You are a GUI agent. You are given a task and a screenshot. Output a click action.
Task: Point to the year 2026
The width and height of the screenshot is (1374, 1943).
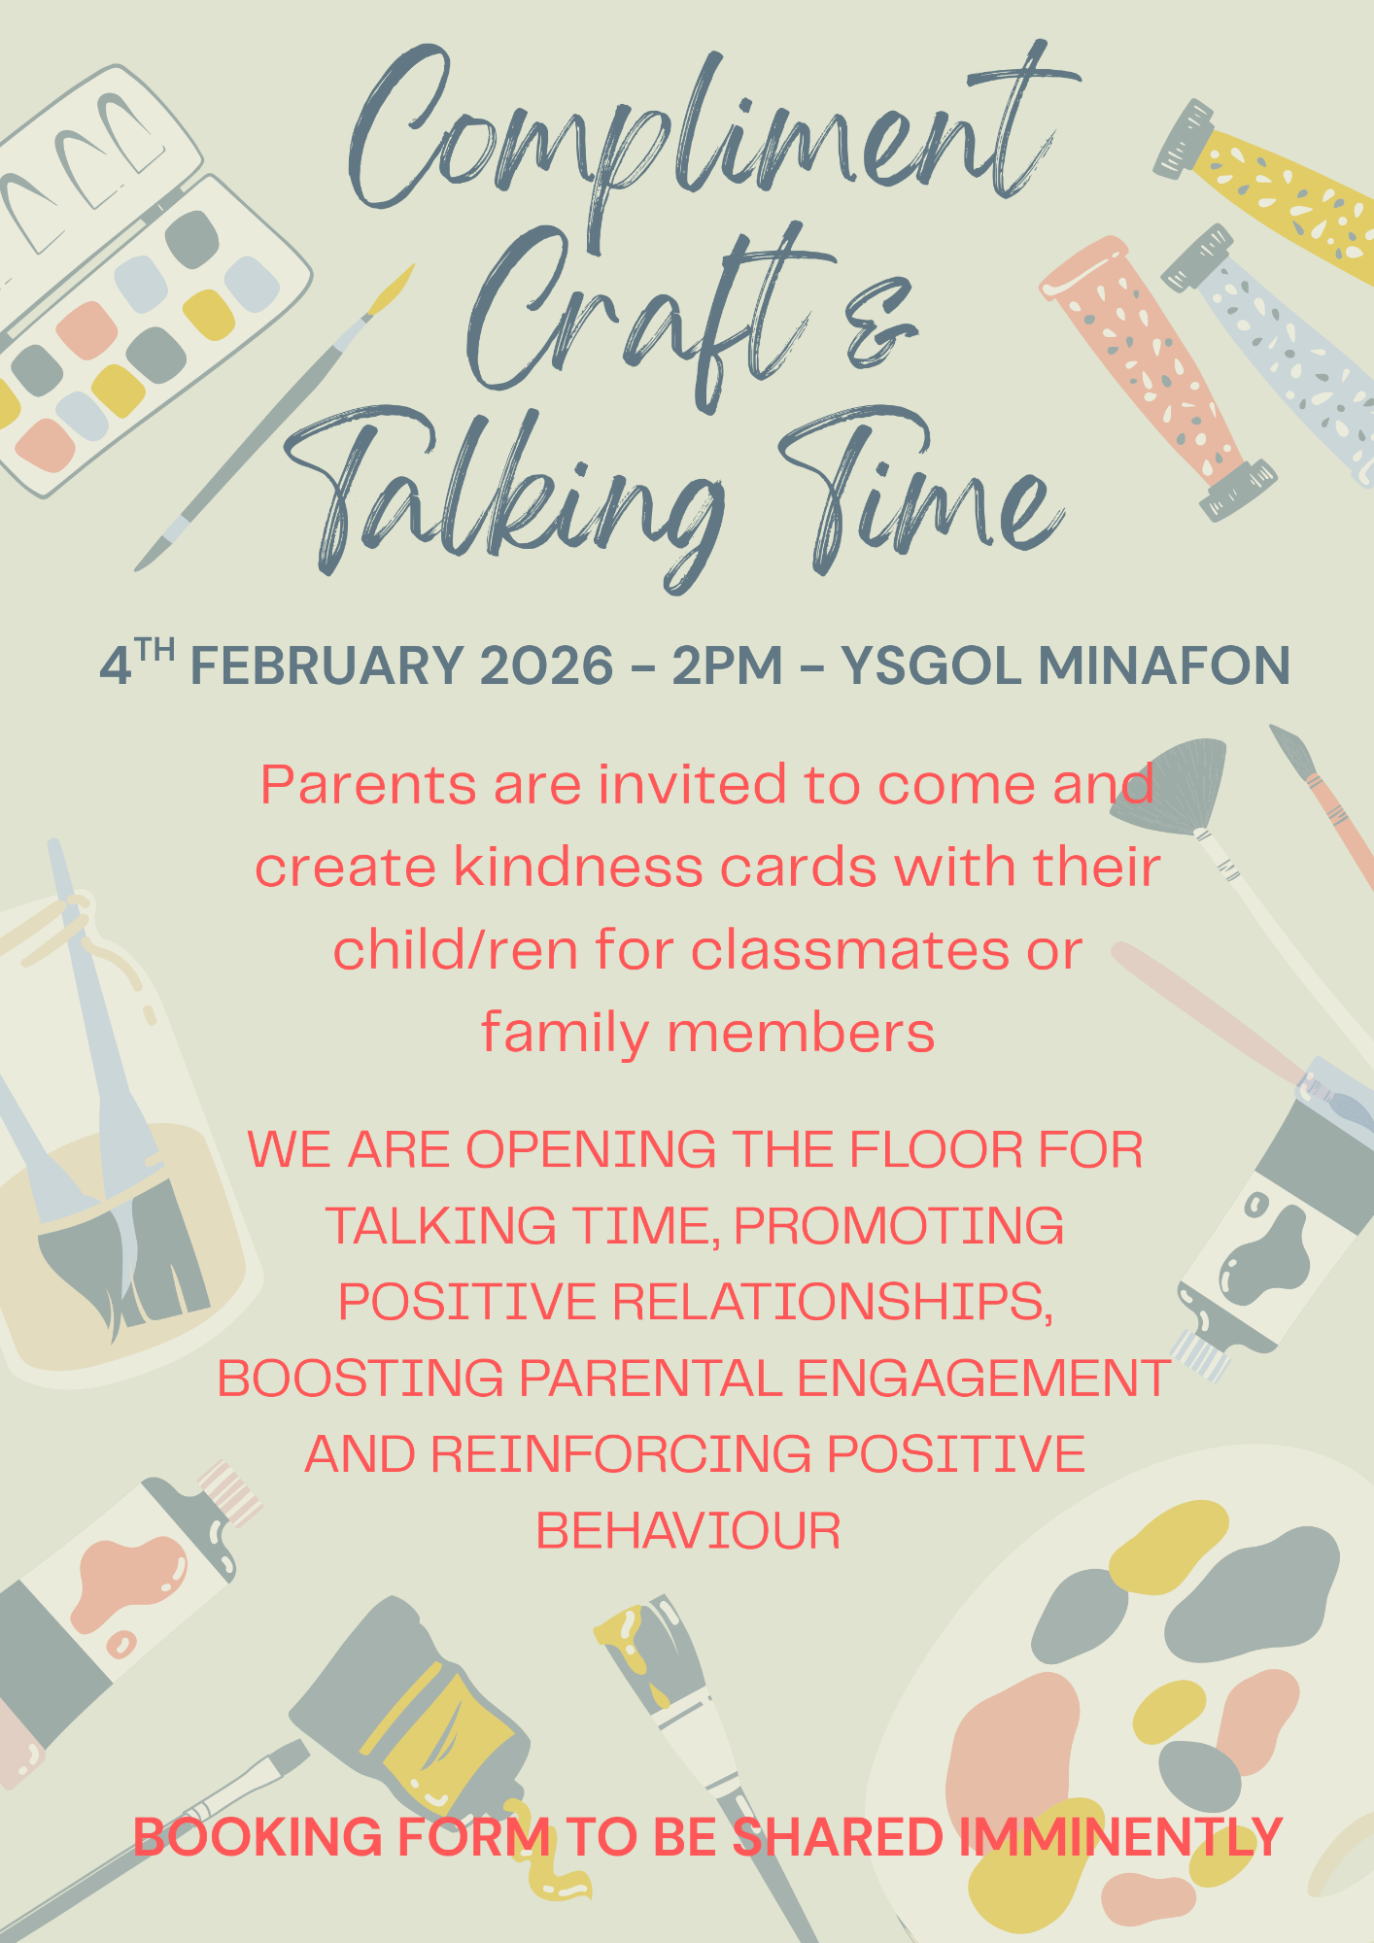[547, 666]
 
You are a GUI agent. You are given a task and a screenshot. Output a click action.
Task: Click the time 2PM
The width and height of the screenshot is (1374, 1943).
[728, 666]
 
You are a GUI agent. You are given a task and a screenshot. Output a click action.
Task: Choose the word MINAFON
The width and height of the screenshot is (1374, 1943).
[1164, 666]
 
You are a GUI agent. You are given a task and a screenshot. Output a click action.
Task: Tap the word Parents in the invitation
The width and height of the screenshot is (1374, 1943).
[369, 785]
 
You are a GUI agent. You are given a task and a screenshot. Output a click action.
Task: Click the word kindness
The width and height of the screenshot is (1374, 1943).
[578, 867]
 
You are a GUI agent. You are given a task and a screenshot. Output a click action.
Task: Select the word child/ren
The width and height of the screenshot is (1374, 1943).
[455, 949]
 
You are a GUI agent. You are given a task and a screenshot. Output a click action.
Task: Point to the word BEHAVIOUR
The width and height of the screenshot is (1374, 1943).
[688, 1531]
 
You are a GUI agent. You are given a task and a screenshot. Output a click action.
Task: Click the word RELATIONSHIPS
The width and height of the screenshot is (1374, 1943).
[833, 1302]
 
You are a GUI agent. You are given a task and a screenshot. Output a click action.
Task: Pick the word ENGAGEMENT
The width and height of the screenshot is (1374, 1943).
[983, 1379]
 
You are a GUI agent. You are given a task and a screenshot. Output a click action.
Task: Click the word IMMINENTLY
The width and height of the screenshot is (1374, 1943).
[1121, 1837]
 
